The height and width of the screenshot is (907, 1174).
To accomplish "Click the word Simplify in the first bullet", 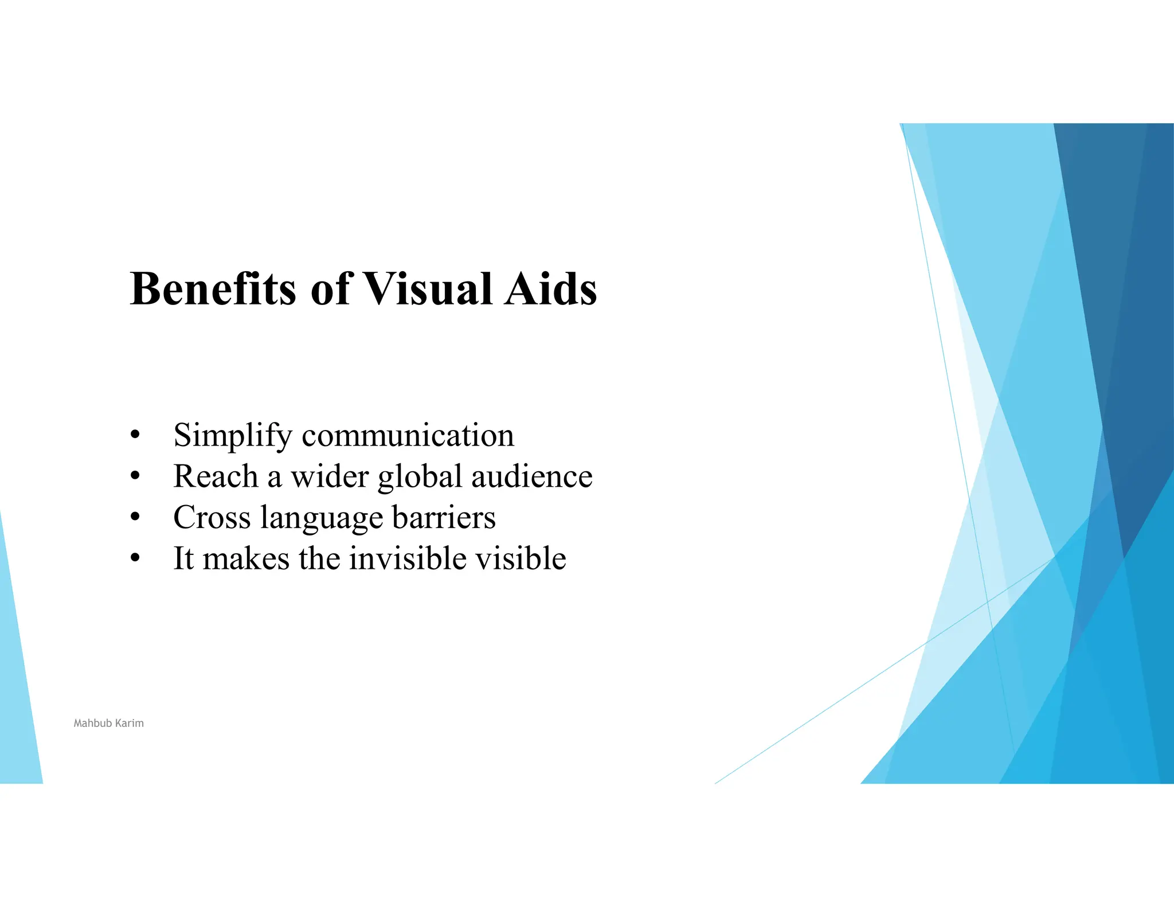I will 233,436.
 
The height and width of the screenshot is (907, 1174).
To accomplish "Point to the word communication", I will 408,436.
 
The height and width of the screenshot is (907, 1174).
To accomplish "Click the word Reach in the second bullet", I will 216,476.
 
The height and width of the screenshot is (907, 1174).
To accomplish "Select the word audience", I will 531,476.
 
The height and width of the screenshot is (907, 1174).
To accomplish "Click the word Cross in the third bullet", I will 212,518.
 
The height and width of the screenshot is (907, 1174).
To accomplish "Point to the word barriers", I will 444,518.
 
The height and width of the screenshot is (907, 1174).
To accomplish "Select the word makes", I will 246,558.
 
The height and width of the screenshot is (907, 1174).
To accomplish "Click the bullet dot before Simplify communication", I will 135,435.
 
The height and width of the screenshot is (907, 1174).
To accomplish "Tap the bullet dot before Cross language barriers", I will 135,517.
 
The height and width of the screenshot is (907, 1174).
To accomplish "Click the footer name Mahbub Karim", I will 108,724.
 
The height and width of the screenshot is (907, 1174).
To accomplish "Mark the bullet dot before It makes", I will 135,558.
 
